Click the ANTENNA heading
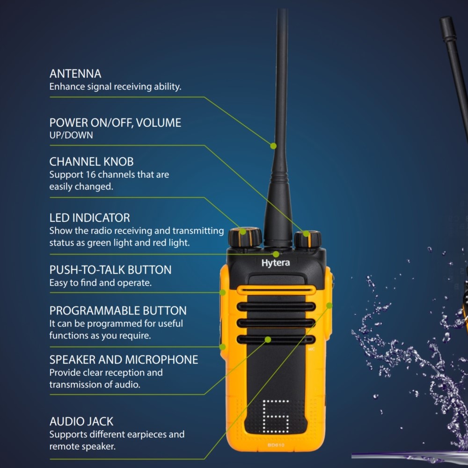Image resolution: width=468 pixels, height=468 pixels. pyautogui.click(x=75, y=73)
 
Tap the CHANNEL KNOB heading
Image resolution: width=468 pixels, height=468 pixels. pyautogui.click(x=91, y=161)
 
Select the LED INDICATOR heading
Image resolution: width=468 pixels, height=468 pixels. pyautogui.click(x=89, y=218)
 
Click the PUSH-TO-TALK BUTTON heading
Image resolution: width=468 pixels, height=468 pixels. pyautogui.click(x=110, y=270)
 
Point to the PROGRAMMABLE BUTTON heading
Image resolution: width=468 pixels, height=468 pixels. pyautogui.click(x=118, y=310)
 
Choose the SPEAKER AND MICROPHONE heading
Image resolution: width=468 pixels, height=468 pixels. pyautogui.click(x=124, y=359)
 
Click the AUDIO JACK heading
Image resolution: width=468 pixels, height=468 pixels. pyautogui.click(x=81, y=421)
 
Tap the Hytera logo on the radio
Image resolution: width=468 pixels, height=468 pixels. pyautogui.click(x=276, y=263)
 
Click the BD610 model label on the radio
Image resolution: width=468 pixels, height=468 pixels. pyautogui.click(x=276, y=445)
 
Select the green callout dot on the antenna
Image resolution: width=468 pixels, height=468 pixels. pyautogui.click(x=273, y=146)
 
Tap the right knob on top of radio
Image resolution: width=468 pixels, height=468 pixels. pyautogui.click(x=308, y=239)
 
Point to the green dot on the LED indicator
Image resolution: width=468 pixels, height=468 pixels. pyautogui.click(x=276, y=254)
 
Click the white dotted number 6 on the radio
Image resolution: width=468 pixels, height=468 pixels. pyautogui.click(x=276, y=417)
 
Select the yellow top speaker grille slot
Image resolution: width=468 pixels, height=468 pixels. pyautogui.click(x=276, y=290)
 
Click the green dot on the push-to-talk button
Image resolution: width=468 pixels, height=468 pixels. pyautogui.click(x=223, y=292)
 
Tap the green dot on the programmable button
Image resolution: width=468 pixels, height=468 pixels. pyautogui.click(x=222, y=347)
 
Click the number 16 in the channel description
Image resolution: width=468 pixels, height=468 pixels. pyautogui.click(x=91, y=174)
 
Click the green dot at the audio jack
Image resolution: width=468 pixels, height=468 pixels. pyautogui.click(x=329, y=305)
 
